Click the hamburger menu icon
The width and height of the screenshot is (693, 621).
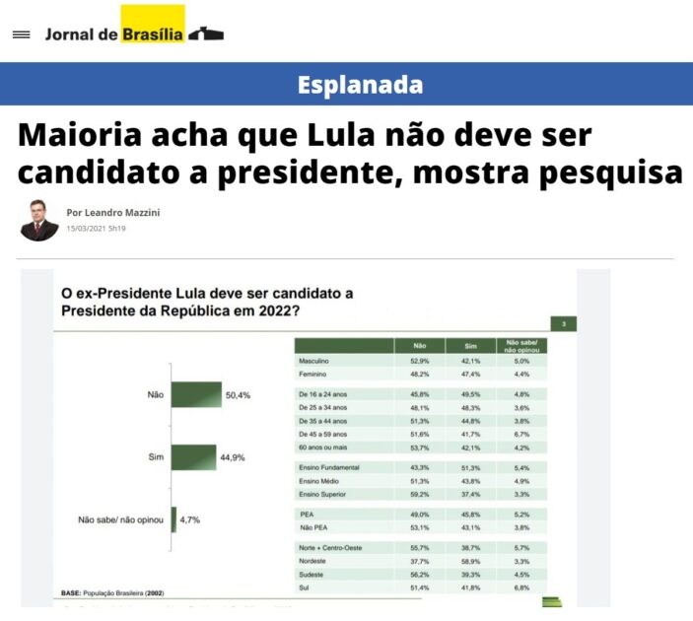click(x=21, y=34)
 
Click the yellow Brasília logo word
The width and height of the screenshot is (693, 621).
click(x=153, y=34)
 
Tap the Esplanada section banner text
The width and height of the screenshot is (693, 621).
click(x=360, y=85)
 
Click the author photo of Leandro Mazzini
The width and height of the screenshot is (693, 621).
click(x=39, y=220)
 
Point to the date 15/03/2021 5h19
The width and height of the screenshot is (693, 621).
click(x=96, y=229)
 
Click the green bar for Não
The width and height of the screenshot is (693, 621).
click(x=196, y=394)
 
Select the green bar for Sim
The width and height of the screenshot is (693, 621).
click(x=193, y=456)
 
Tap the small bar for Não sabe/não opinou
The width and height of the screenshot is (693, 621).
click(x=173, y=518)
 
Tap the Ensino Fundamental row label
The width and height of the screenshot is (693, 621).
click(x=328, y=466)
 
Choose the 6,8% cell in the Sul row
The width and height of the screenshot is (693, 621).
click(x=522, y=586)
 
